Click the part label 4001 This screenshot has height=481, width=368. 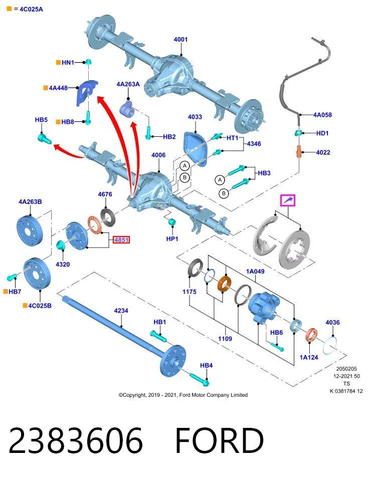[x=180, y=39]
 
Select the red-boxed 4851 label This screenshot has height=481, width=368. [x=121, y=239]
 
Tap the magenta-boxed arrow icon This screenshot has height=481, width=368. [x=288, y=200]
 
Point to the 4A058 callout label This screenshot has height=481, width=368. [x=322, y=115]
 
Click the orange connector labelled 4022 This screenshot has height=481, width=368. [x=299, y=151]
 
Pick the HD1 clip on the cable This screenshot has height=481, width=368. [x=298, y=133]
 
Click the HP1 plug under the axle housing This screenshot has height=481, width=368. [x=172, y=221]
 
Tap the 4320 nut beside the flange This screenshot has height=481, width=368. [x=61, y=245]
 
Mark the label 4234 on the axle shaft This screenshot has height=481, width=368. [x=121, y=311]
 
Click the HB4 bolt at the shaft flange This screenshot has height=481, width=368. [x=199, y=379]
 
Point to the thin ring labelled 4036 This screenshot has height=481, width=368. [x=330, y=345]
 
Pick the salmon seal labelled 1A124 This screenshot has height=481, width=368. [x=311, y=336]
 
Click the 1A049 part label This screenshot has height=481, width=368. [x=255, y=271]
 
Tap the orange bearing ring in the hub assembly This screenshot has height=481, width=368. [x=225, y=284]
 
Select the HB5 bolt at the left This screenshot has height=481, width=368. [x=45, y=138]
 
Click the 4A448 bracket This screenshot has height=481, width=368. [x=86, y=93]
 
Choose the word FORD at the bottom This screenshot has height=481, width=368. [x=220, y=441]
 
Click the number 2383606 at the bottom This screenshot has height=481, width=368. [x=76, y=441]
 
